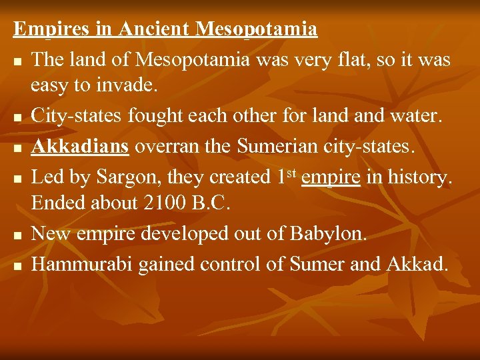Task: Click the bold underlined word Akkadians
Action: (81, 147)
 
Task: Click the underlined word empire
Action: (331, 177)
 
